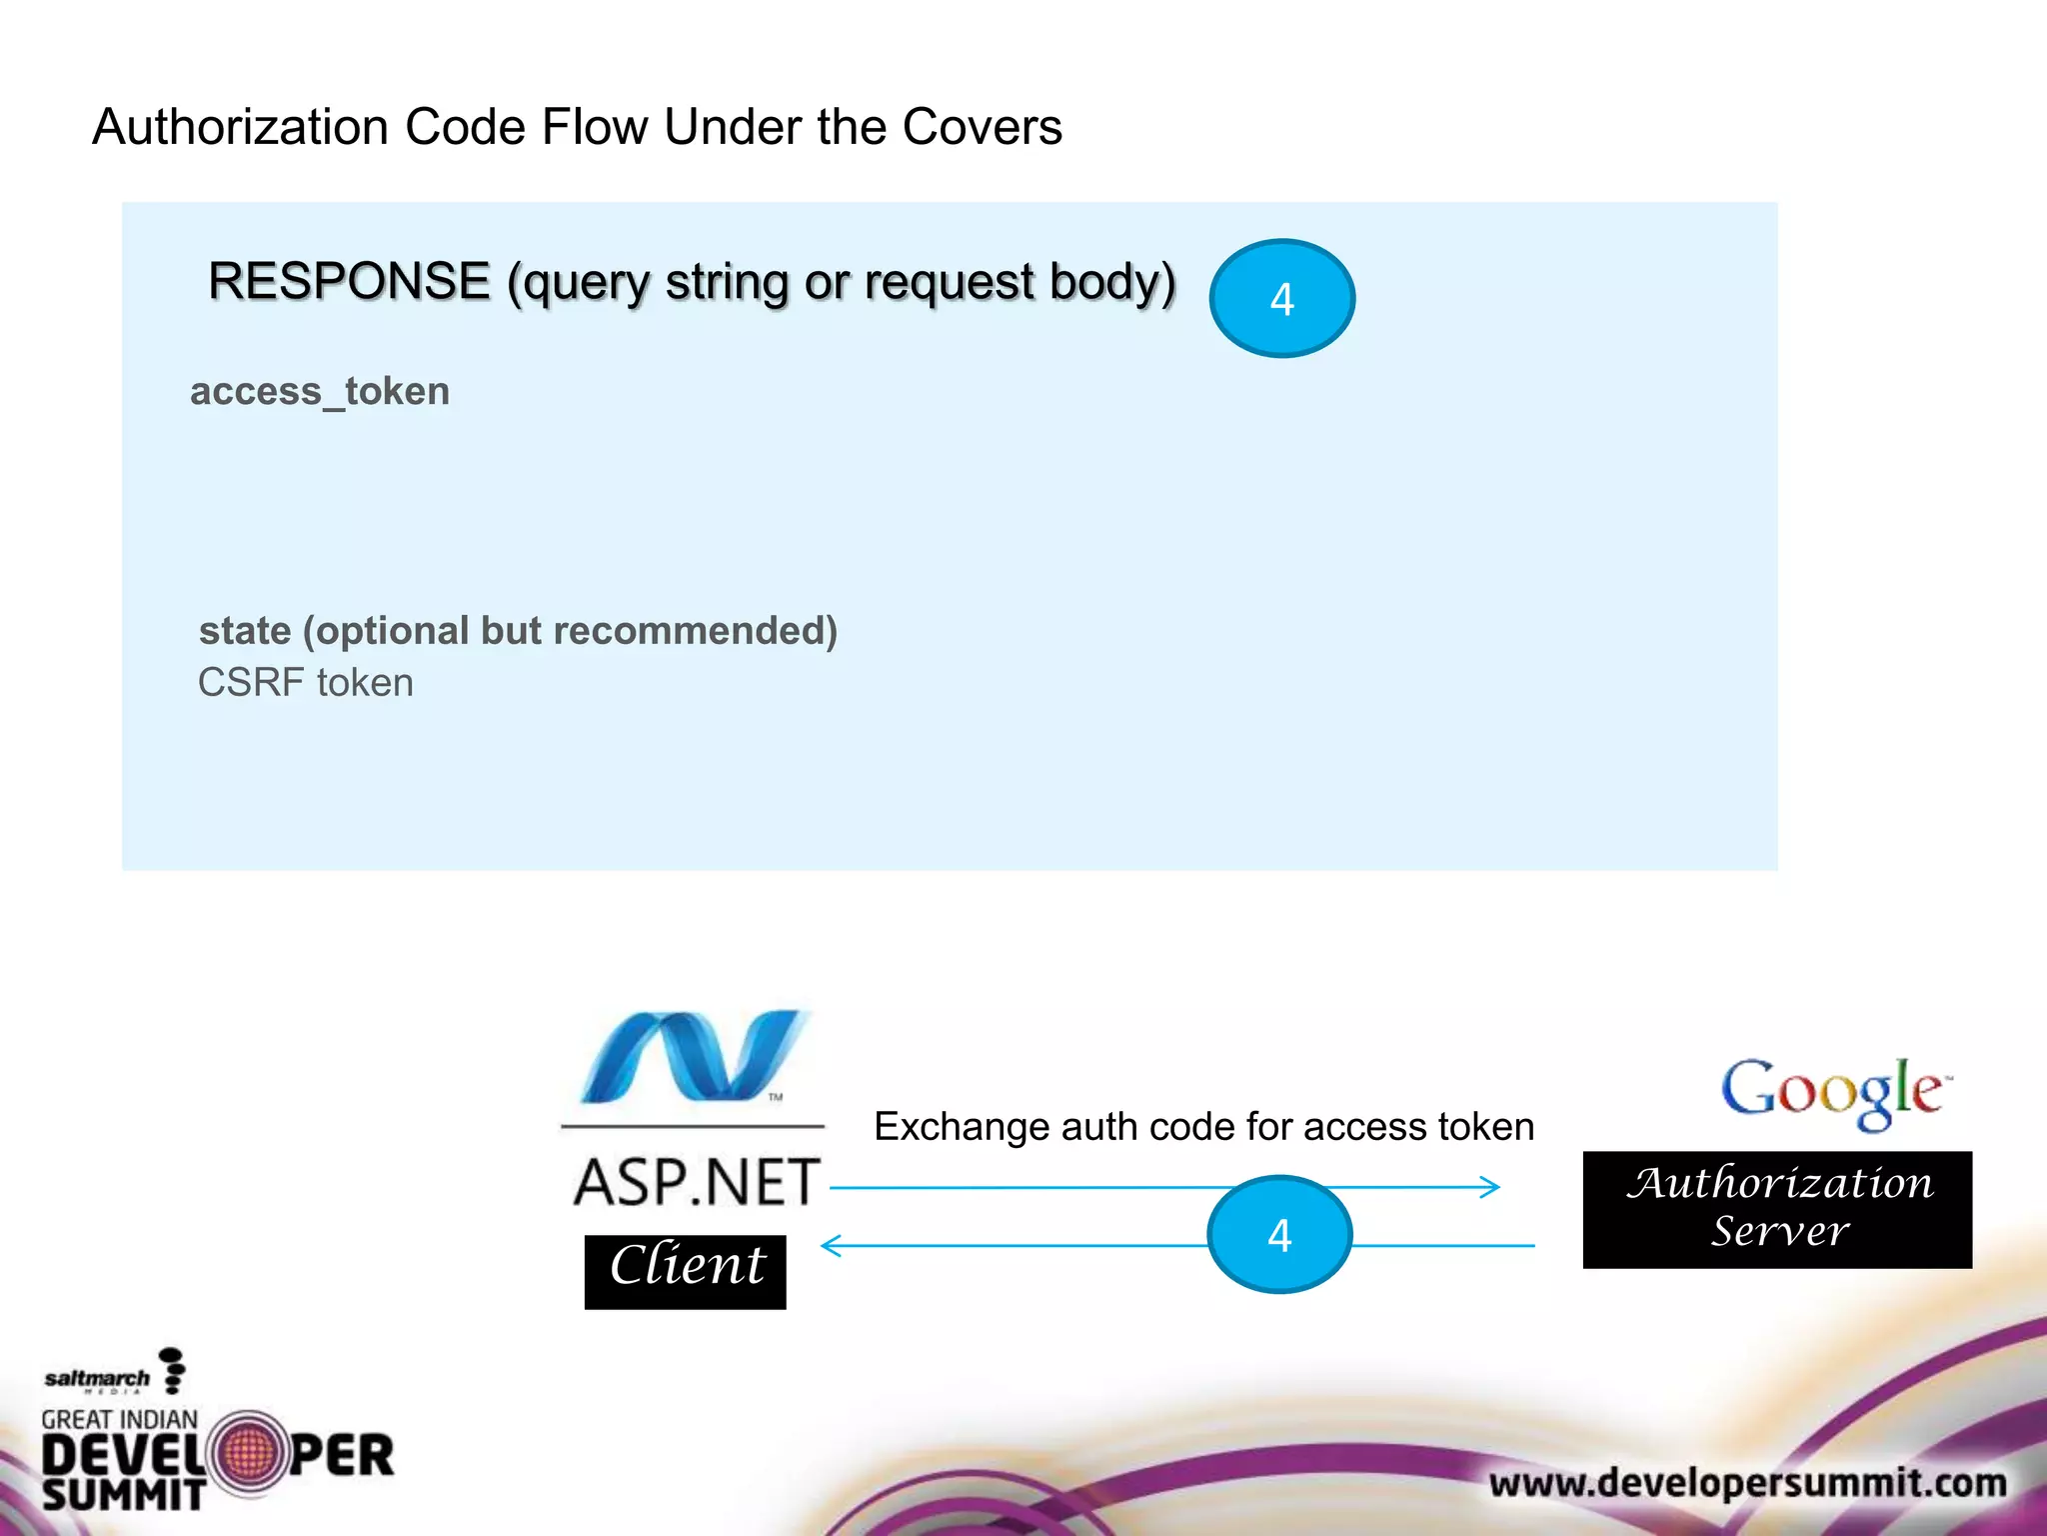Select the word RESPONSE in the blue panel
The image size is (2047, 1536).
pos(349,281)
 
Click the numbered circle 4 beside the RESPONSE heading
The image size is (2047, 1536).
pos(1281,298)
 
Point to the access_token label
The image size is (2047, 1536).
pos(320,391)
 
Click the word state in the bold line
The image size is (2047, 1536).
pos(245,631)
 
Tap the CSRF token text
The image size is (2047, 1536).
pos(305,683)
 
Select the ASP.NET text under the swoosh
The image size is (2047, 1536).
pos(696,1182)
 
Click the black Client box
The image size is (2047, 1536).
pos(686,1271)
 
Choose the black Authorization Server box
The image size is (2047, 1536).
pos(1777,1209)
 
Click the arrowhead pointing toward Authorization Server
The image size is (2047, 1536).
pos(1490,1187)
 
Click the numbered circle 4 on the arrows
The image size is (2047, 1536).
pos(1279,1234)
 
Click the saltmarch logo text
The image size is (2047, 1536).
pos(97,1378)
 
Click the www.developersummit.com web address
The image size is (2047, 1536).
pos(1747,1482)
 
